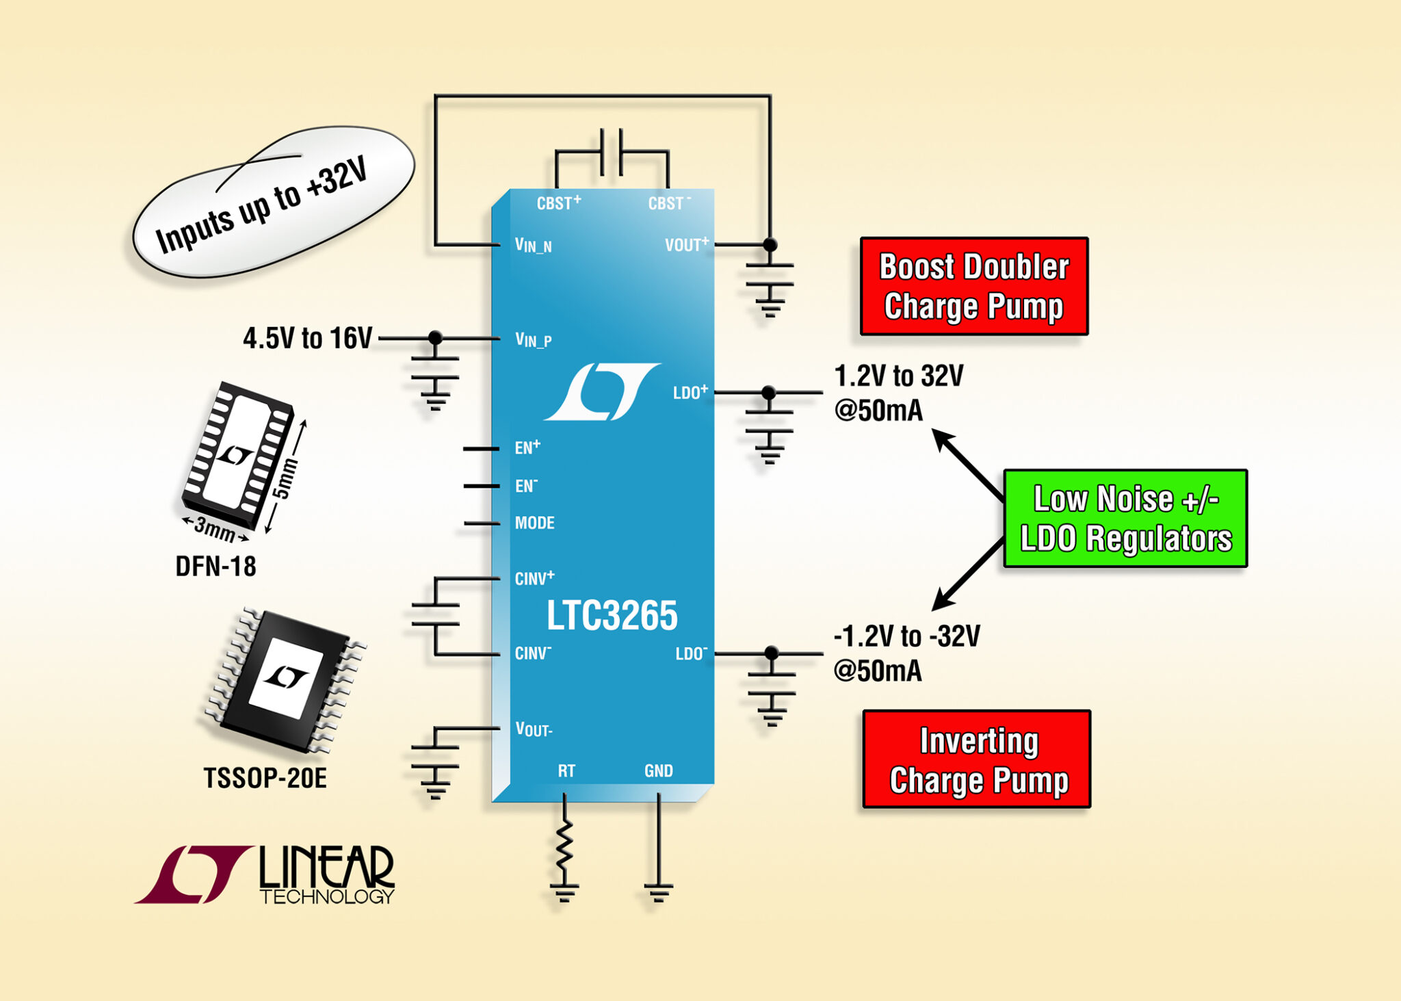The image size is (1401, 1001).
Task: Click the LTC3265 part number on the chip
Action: [x=612, y=615]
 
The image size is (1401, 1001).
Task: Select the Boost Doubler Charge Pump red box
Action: [x=973, y=286]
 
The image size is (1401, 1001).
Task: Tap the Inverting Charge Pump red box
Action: [x=977, y=759]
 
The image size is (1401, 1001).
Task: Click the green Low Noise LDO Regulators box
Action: [x=1125, y=519]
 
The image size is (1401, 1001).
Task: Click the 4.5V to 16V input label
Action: [x=307, y=338]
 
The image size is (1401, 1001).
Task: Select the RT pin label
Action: [x=566, y=771]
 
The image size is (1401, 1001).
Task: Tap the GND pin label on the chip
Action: [x=658, y=771]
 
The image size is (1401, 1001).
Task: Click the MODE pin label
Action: [x=534, y=523]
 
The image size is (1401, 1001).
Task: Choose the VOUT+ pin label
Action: [x=686, y=244]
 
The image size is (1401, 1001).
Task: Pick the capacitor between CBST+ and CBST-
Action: [x=611, y=152]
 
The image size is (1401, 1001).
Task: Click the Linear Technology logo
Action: [x=265, y=875]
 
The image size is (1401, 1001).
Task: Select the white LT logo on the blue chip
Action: [x=603, y=391]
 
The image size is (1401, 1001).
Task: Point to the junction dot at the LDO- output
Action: [x=771, y=653]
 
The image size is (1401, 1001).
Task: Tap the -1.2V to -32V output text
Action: [x=906, y=636]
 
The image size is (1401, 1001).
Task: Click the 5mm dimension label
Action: [x=285, y=479]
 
